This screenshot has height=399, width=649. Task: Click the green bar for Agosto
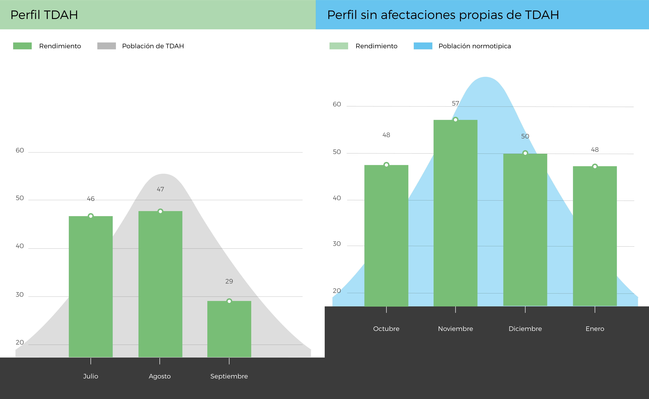pyautogui.click(x=160, y=284)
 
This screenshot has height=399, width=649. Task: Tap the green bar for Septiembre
pyautogui.click(x=229, y=329)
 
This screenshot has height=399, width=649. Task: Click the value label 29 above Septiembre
pyautogui.click(x=229, y=281)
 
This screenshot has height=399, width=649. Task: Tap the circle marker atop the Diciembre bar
pyautogui.click(x=525, y=153)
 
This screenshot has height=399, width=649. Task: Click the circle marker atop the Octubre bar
pyautogui.click(x=386, y=165)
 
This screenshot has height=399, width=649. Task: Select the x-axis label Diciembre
pyautogui.click(x=525, y=329)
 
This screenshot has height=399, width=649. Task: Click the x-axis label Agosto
pyautogui.click(x=160, y=376)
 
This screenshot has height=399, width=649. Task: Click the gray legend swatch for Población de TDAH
pyautogui.click(x=107, y=46)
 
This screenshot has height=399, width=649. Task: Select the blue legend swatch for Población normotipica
pyautogui.click(x=423, y=46)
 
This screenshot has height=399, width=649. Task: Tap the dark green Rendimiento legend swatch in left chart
pyautogui.click(x=22, y=46)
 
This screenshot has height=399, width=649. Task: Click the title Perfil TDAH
pyautogui.click(x=44, y=15)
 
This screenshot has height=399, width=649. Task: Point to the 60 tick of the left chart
pyautogui.click(x=20, y=150)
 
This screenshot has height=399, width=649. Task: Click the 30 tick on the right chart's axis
pyautogui.click(x=337, y=244)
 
